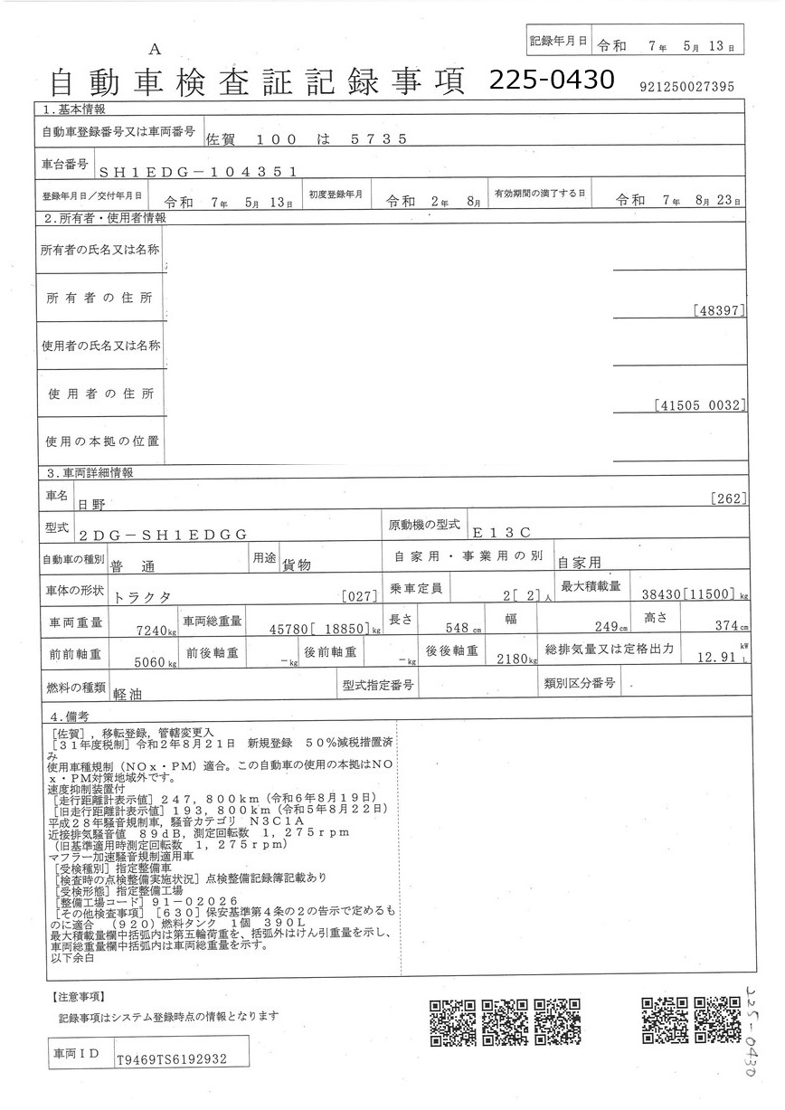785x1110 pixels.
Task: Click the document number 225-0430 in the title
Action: point(552,81)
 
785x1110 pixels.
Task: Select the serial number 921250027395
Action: point(686,87)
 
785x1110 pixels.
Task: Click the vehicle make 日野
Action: point(91,503)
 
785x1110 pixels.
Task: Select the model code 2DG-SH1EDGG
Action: point(164,535)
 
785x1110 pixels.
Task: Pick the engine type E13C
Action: point(505,534)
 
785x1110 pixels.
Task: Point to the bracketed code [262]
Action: point(727,498)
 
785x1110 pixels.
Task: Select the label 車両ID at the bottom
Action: point(78,1055)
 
